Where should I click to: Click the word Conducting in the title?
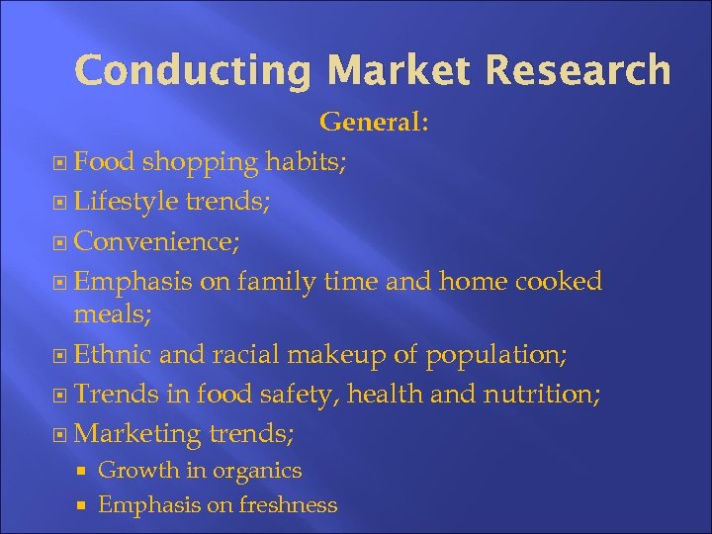[x=194, y=70]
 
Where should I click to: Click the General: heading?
[x=374, y=123]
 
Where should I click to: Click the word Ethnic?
[x=111, y=353]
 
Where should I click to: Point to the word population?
[x=503, y=353]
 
